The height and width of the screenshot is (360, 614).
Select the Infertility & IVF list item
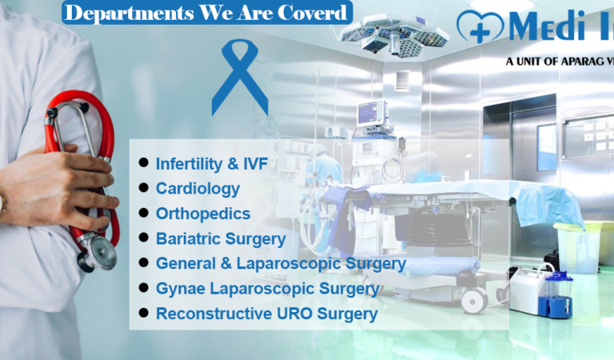click(x=211, y=165)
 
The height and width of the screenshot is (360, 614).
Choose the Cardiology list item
click(x=197, y=189)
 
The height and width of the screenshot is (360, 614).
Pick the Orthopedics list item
click(x=203, y=214)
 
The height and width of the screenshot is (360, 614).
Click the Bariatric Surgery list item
click(x=221, y=238)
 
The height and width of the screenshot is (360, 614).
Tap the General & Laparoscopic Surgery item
click(x=281, y=263)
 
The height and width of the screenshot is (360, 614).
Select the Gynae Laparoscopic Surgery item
click(x=268, y=288)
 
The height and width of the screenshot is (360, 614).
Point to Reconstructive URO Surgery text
click(x=266, y=314)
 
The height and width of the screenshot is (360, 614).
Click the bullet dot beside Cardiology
click(x=144, y=187)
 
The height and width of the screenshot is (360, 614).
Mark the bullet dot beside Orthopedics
click(x=144, y=212)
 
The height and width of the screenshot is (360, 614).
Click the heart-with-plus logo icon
click(x=480, y=26)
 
